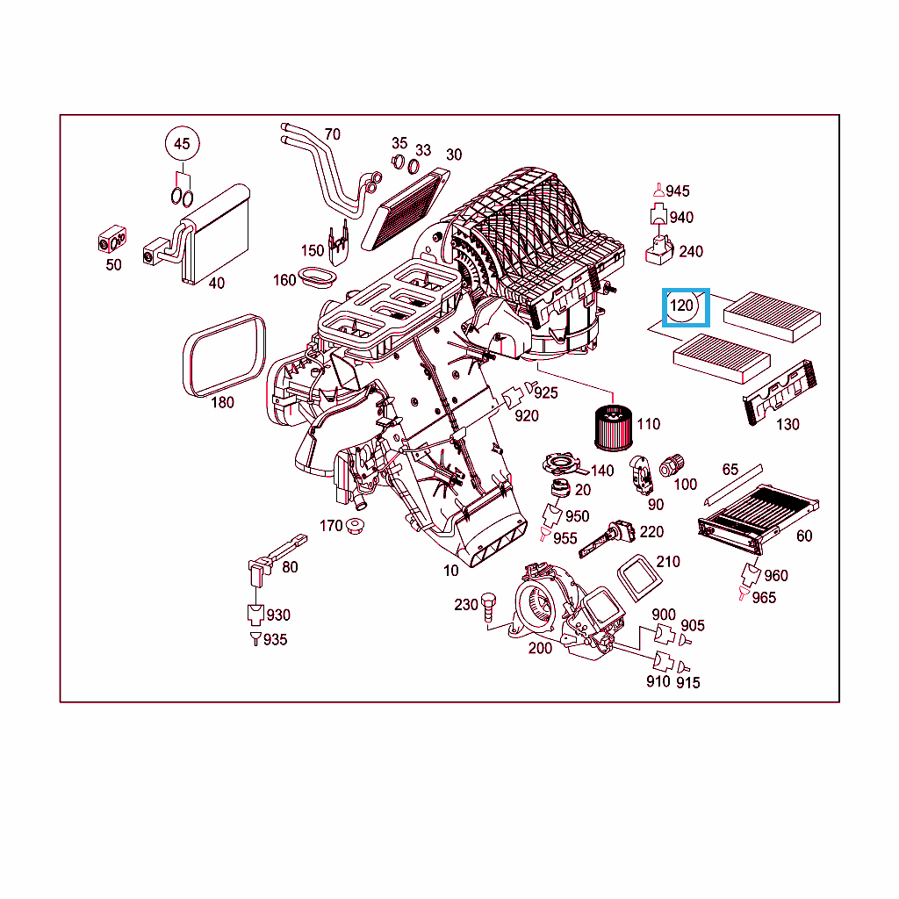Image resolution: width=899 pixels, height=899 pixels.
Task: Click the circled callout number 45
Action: coord(182,143)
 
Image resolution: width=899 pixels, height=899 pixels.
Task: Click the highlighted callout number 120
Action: coord(681,306)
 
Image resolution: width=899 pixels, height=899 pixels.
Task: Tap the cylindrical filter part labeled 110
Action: coord(614,428)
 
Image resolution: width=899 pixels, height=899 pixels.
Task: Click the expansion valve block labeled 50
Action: coord(111,240)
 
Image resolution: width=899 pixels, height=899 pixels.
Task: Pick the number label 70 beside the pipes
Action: coord(333,134)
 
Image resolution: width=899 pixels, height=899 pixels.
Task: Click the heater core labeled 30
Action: coord(406,210)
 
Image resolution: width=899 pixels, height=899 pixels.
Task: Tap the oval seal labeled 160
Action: coord(317,277)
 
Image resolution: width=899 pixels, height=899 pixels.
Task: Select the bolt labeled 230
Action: coord(488,608)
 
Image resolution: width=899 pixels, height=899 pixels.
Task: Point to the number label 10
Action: coord(450,571)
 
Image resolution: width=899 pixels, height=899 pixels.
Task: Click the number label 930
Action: coord(278,615)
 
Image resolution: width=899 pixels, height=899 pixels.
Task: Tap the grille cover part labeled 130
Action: coord(780,392)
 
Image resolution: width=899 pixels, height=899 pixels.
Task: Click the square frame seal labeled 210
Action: coord(639,578)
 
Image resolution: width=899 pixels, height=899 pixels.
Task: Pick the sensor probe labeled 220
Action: coord(608,539)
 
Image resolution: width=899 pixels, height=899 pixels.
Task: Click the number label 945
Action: coord(678,191)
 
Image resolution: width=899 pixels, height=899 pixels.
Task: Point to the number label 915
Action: coord(688,683)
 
